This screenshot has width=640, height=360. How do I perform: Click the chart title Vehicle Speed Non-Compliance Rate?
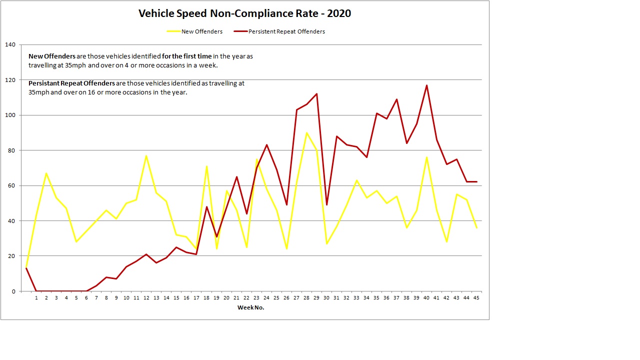[x=244, y=13]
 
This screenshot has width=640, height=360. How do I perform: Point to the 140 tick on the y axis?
[x=10, y=45]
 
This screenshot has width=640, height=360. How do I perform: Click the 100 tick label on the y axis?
[x=10, y=115]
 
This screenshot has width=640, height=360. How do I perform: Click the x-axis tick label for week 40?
[x=426, y=298]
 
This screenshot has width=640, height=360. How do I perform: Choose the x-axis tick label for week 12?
[x=146, y=298]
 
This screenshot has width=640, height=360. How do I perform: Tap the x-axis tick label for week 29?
[x=316, y=298]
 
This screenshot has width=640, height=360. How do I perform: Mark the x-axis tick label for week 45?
[x=476, y=298]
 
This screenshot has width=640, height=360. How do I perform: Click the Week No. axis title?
[x=250, y=307]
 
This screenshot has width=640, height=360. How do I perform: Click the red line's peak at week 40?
[x=426, y=85]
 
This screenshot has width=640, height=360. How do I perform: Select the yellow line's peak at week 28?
[x=306, y=133]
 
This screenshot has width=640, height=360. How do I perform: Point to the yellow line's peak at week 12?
[x=146, y=155]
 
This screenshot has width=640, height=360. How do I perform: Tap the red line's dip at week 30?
[x=326, y=205]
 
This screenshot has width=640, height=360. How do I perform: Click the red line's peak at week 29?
[x=316, y=94]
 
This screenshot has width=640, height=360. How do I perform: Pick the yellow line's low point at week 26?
[x=286, y=248]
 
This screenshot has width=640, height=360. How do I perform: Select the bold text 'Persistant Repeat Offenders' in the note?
[x=72, y=83]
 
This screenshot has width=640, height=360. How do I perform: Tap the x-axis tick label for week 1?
[x=36, y=298]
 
